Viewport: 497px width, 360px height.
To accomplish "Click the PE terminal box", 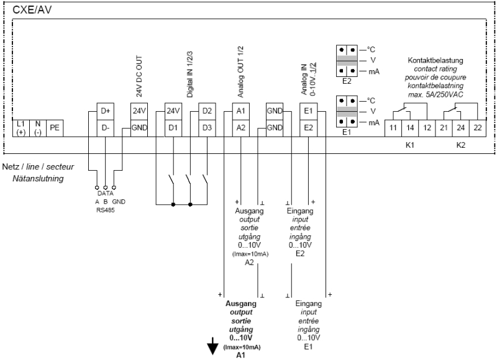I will (x=54, y=127).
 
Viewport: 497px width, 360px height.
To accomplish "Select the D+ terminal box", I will (x=105, y=112).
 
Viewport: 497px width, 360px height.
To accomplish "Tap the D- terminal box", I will (x=105, y=127).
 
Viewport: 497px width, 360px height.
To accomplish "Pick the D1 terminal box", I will (x=172, y=127).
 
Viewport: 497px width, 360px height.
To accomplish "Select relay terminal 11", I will (x=393, y=127).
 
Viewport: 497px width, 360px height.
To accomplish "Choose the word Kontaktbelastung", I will (x=435, y=60).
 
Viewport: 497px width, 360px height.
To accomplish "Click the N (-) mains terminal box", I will (x=37, y=127).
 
